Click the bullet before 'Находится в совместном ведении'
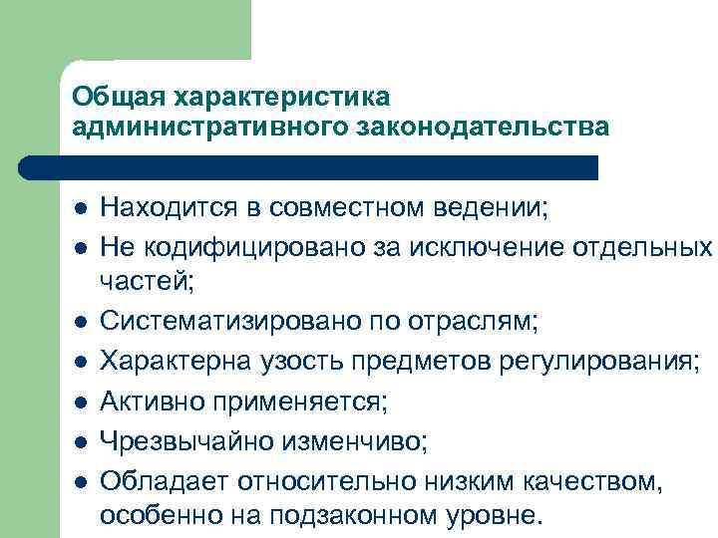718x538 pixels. pyautogui.click(x=81, y=210)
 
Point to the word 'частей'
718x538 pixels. pyautogui.click(x=147, y=284)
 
